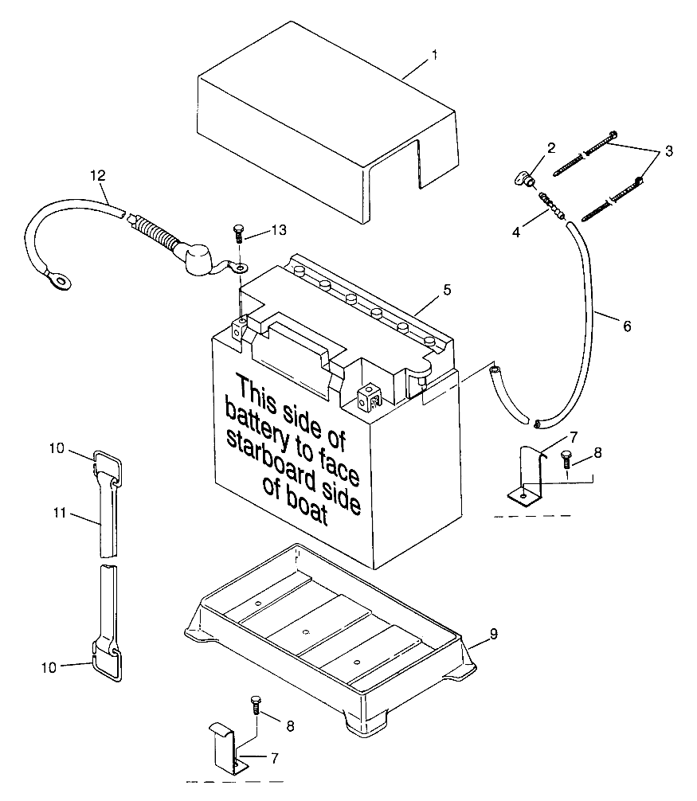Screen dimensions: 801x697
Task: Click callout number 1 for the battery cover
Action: pos(434,55)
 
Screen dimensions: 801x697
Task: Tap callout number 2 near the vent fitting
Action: pos(550,148)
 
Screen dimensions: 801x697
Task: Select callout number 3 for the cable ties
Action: pos(668,150)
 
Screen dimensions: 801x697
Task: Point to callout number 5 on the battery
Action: pos(448,290)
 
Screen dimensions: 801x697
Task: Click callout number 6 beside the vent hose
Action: pos(626,326)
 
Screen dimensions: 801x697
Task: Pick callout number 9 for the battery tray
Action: pos(494,634)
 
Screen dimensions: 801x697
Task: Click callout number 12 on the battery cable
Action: pos(97,174)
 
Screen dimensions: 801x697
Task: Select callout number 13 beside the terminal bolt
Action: pos(277,230)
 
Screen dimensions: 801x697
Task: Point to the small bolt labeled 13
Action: pos(238,233)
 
